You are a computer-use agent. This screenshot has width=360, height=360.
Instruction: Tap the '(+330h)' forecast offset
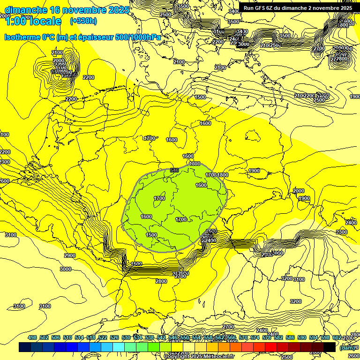click(x=83, y=21)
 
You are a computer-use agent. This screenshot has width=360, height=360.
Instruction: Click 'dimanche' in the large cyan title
click(x=25, y=10)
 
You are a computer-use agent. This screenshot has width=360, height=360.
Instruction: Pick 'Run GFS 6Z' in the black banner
click(x=261, y=8)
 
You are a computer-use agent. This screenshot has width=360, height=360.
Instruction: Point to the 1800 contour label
click(x=223, y=175)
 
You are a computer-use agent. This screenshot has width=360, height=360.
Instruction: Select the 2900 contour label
click(x=70, y=255)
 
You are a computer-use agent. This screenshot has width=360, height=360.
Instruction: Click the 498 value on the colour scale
click(x=32, y=337)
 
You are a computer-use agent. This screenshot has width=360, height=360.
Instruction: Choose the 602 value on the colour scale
click(x=337, y=337)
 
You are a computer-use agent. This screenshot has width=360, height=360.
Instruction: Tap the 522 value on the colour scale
click(x=103, y=337)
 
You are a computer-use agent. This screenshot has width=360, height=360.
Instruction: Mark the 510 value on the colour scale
click(x=67, y=337)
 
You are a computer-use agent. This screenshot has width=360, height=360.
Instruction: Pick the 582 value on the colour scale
click(x=278, y=337)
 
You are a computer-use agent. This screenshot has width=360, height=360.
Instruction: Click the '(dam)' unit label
click(x=347, y=347)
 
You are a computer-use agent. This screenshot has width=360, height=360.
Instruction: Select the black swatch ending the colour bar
click(x=329, y=347)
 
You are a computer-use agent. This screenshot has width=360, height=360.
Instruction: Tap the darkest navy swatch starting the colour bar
click(x=25, y=347)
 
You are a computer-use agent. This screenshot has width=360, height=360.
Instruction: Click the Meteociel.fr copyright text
click(x=199, y=356)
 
